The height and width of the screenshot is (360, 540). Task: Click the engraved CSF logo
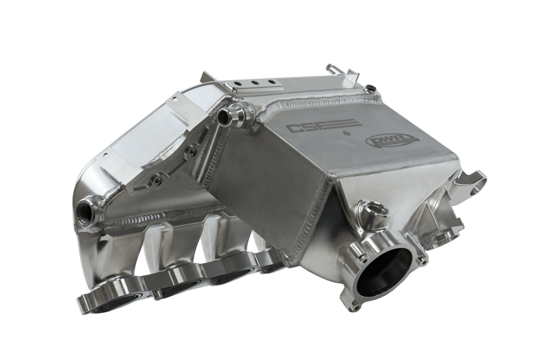323,125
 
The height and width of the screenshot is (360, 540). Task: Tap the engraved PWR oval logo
392,141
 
